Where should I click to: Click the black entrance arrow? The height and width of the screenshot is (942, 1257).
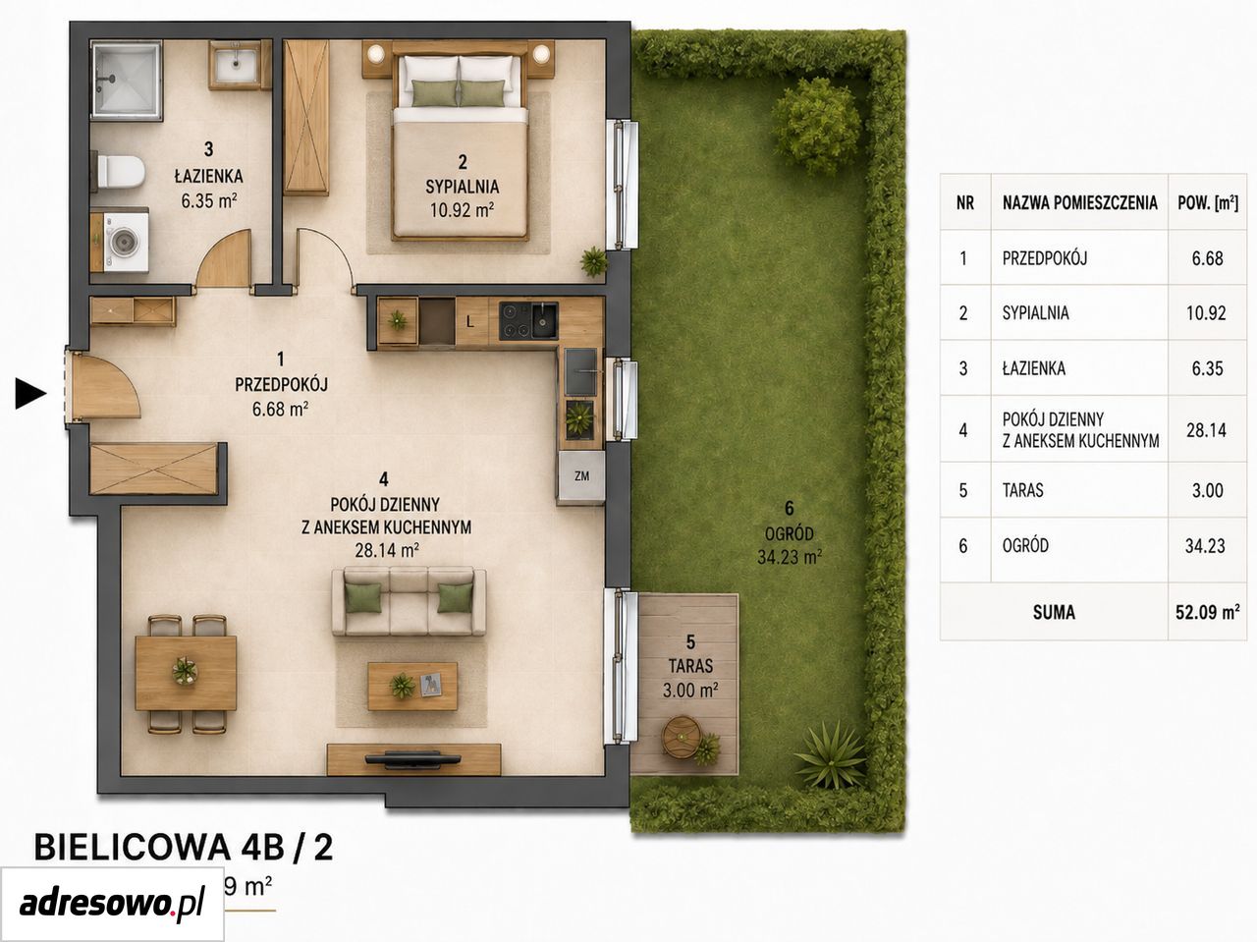pyautogui.click(x=30, y=394)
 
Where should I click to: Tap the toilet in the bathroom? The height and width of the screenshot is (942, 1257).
pyautogui.click(x=120, y=171)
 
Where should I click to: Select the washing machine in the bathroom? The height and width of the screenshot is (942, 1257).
pyautogui.click(x=124, y=241)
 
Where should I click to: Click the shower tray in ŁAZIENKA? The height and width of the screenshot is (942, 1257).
pyautogui.click(x=126, y=81)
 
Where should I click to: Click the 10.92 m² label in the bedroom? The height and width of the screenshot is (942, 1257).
pyautogui.click(x=462, y=210)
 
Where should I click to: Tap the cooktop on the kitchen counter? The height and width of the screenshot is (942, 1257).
pyautogui.click(x=516, y=320)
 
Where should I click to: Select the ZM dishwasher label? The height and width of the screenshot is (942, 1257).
pyautogui.click(x=581, y=475)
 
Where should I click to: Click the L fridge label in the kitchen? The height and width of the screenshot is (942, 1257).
pyautogui.click(x=470, y=322)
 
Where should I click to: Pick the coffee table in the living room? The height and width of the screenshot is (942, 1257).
pyautogui.click(x=412, y=686)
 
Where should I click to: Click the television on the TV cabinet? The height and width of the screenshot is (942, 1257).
pyautogui.click(x=412, y=759)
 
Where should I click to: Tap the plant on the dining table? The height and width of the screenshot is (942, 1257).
pyautogui.click(x=185, y=671)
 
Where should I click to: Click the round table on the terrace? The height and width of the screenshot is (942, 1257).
pyautogui.click(x=682, y=738)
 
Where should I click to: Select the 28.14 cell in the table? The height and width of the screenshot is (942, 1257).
pyautogui.click(x=1207, y=430)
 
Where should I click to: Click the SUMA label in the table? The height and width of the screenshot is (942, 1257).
pyautogui.click(x=1054, y=613)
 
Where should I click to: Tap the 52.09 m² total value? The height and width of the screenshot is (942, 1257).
pyautogui.click(x=1207, y=612)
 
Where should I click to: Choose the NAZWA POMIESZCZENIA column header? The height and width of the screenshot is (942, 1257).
pyautogui.click(x=1080, y=202)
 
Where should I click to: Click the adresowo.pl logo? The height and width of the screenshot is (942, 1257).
pyautogui.click(x=112, y=906)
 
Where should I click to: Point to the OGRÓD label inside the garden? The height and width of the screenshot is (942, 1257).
pyautogui.click(x=790, y=533)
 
